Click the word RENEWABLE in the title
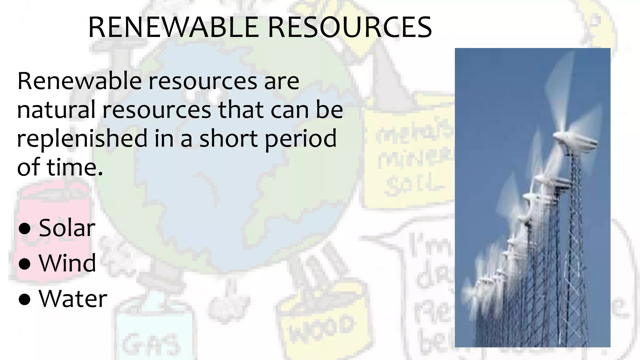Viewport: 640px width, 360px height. point(174,27)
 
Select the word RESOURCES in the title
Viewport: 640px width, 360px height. point(350,27)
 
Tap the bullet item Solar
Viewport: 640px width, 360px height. point(67,228)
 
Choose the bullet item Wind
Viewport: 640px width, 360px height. point(67,263)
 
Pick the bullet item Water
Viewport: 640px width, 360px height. point(73,299)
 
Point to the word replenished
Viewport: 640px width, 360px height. point(82,138)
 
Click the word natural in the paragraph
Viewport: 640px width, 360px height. point(56,110)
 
